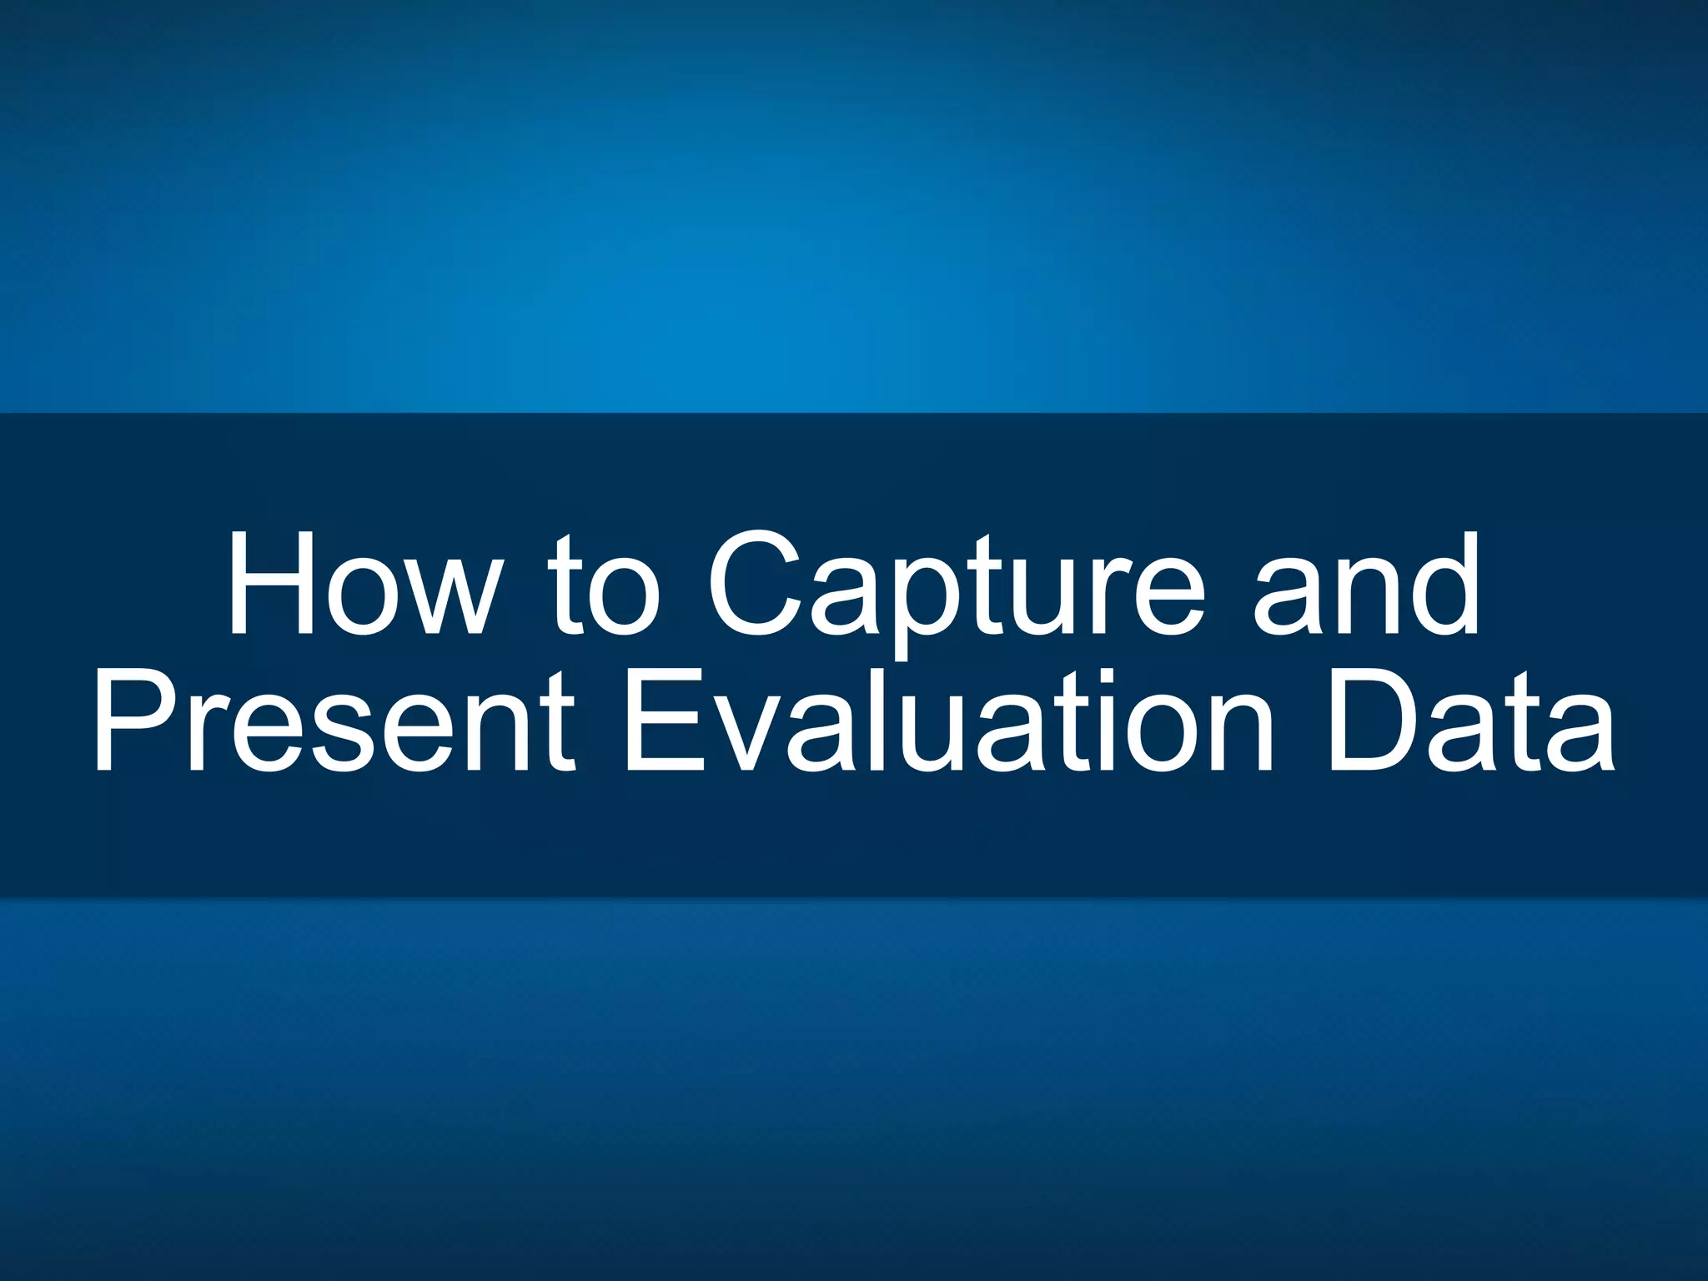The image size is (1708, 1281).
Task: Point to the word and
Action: click(1367, 584)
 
